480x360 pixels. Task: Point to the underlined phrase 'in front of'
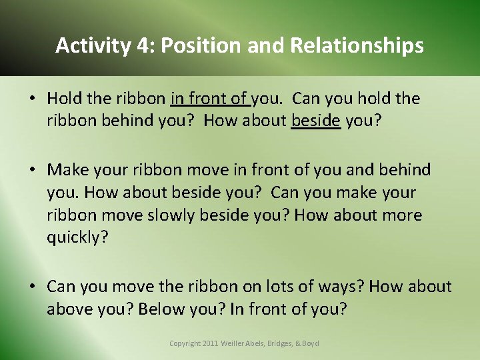tap(209, 99)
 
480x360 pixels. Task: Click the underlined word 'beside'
tap(316, 121)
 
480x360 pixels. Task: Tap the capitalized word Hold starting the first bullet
tap(63, 99)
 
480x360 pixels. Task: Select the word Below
tap(151, 309)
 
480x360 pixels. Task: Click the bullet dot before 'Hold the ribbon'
tap(32, 99)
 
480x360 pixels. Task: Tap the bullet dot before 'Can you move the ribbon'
tap(32, 287)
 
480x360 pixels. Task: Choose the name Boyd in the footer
tap(311, 343)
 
